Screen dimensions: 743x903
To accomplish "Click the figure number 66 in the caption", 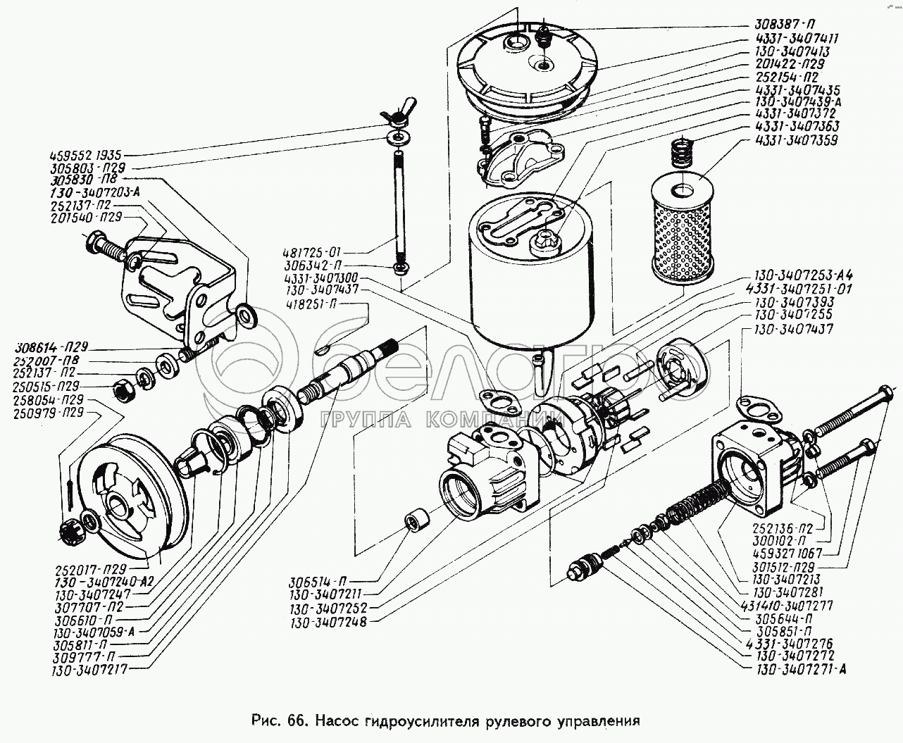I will [x=296, y=721].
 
